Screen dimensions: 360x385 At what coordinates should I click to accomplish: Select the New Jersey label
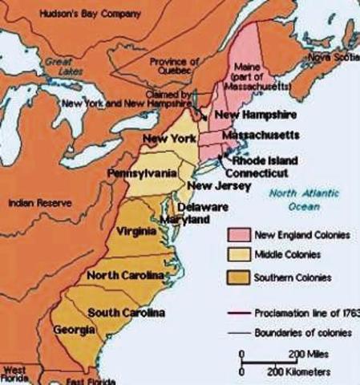click(x=210, y=187)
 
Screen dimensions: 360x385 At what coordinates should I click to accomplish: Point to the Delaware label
click(x=208, y=206)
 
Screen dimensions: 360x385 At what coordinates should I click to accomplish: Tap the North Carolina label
click(x=125, y=275)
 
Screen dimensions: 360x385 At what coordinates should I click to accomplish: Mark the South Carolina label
click(x=126, y=312)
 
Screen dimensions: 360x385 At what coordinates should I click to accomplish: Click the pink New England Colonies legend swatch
click(x=237, y=235)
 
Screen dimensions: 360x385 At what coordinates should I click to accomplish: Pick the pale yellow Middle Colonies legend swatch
click(x=237, y=255)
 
